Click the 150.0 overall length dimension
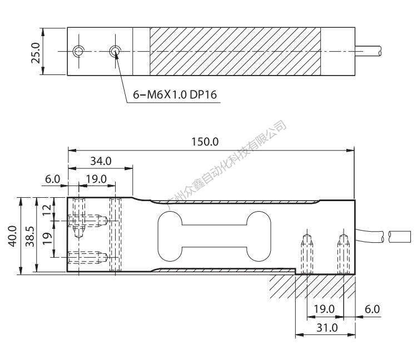(205, 142)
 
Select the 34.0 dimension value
(101, 161)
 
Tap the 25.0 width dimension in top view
(36, 53)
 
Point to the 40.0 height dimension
(13, 236)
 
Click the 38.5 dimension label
(30, 236)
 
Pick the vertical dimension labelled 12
(47, 210)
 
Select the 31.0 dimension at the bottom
(327, 328)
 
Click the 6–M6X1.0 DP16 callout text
(175, 94)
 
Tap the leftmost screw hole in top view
(78, 51)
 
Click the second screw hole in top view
(115, 51)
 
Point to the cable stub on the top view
(368, 51)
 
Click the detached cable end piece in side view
(400, 237)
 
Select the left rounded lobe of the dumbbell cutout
(170, 236)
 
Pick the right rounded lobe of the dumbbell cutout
(259, 236)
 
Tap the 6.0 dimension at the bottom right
(372, 309)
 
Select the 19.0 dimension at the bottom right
(324, 309)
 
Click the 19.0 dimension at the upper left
(96, 179)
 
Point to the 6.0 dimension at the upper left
(52, 179)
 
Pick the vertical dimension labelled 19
(47, 238)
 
